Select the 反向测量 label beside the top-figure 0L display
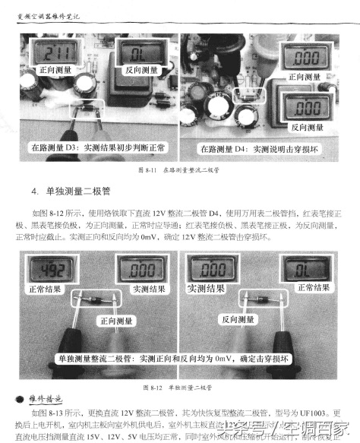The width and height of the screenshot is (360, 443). (x=139, y=71)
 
